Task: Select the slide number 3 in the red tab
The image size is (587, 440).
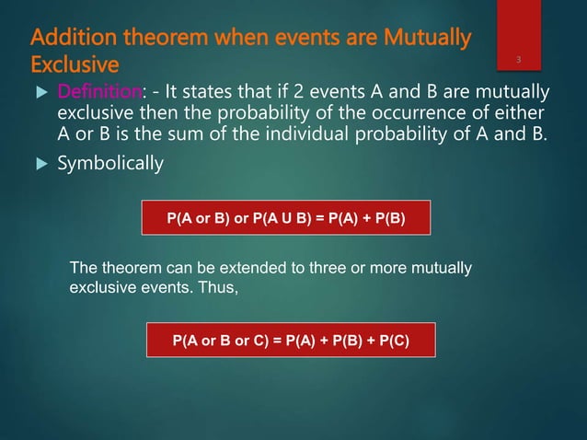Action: (520, 61)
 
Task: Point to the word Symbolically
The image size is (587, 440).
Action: (111, 164)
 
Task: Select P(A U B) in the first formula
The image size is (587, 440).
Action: (286, 220)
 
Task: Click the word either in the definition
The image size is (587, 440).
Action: (517, 115)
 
